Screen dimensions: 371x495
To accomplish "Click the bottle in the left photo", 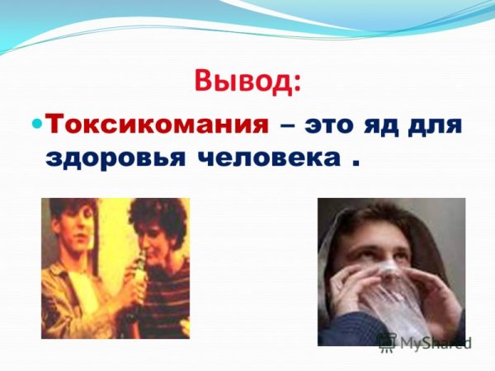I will coord(139,279).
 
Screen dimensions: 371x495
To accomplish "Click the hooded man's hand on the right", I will coord(441,297).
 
